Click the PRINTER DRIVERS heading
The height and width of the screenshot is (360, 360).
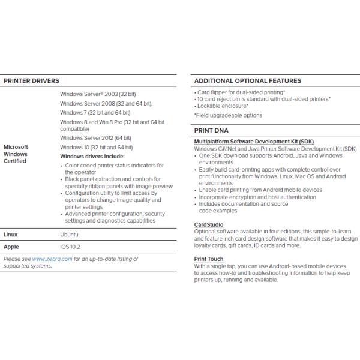31,80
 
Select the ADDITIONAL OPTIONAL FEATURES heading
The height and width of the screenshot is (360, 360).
247,80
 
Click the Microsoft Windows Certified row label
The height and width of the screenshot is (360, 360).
16,154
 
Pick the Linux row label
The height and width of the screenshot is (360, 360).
11,235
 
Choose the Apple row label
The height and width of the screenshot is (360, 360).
11,247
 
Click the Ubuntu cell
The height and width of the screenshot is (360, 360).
69,235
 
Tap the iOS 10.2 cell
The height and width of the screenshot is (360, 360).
70,247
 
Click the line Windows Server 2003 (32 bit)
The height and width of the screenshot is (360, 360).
98,95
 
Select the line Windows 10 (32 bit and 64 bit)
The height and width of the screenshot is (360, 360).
97,147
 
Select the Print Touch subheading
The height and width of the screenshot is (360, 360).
209,259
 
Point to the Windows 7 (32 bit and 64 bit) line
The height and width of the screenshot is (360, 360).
95,112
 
